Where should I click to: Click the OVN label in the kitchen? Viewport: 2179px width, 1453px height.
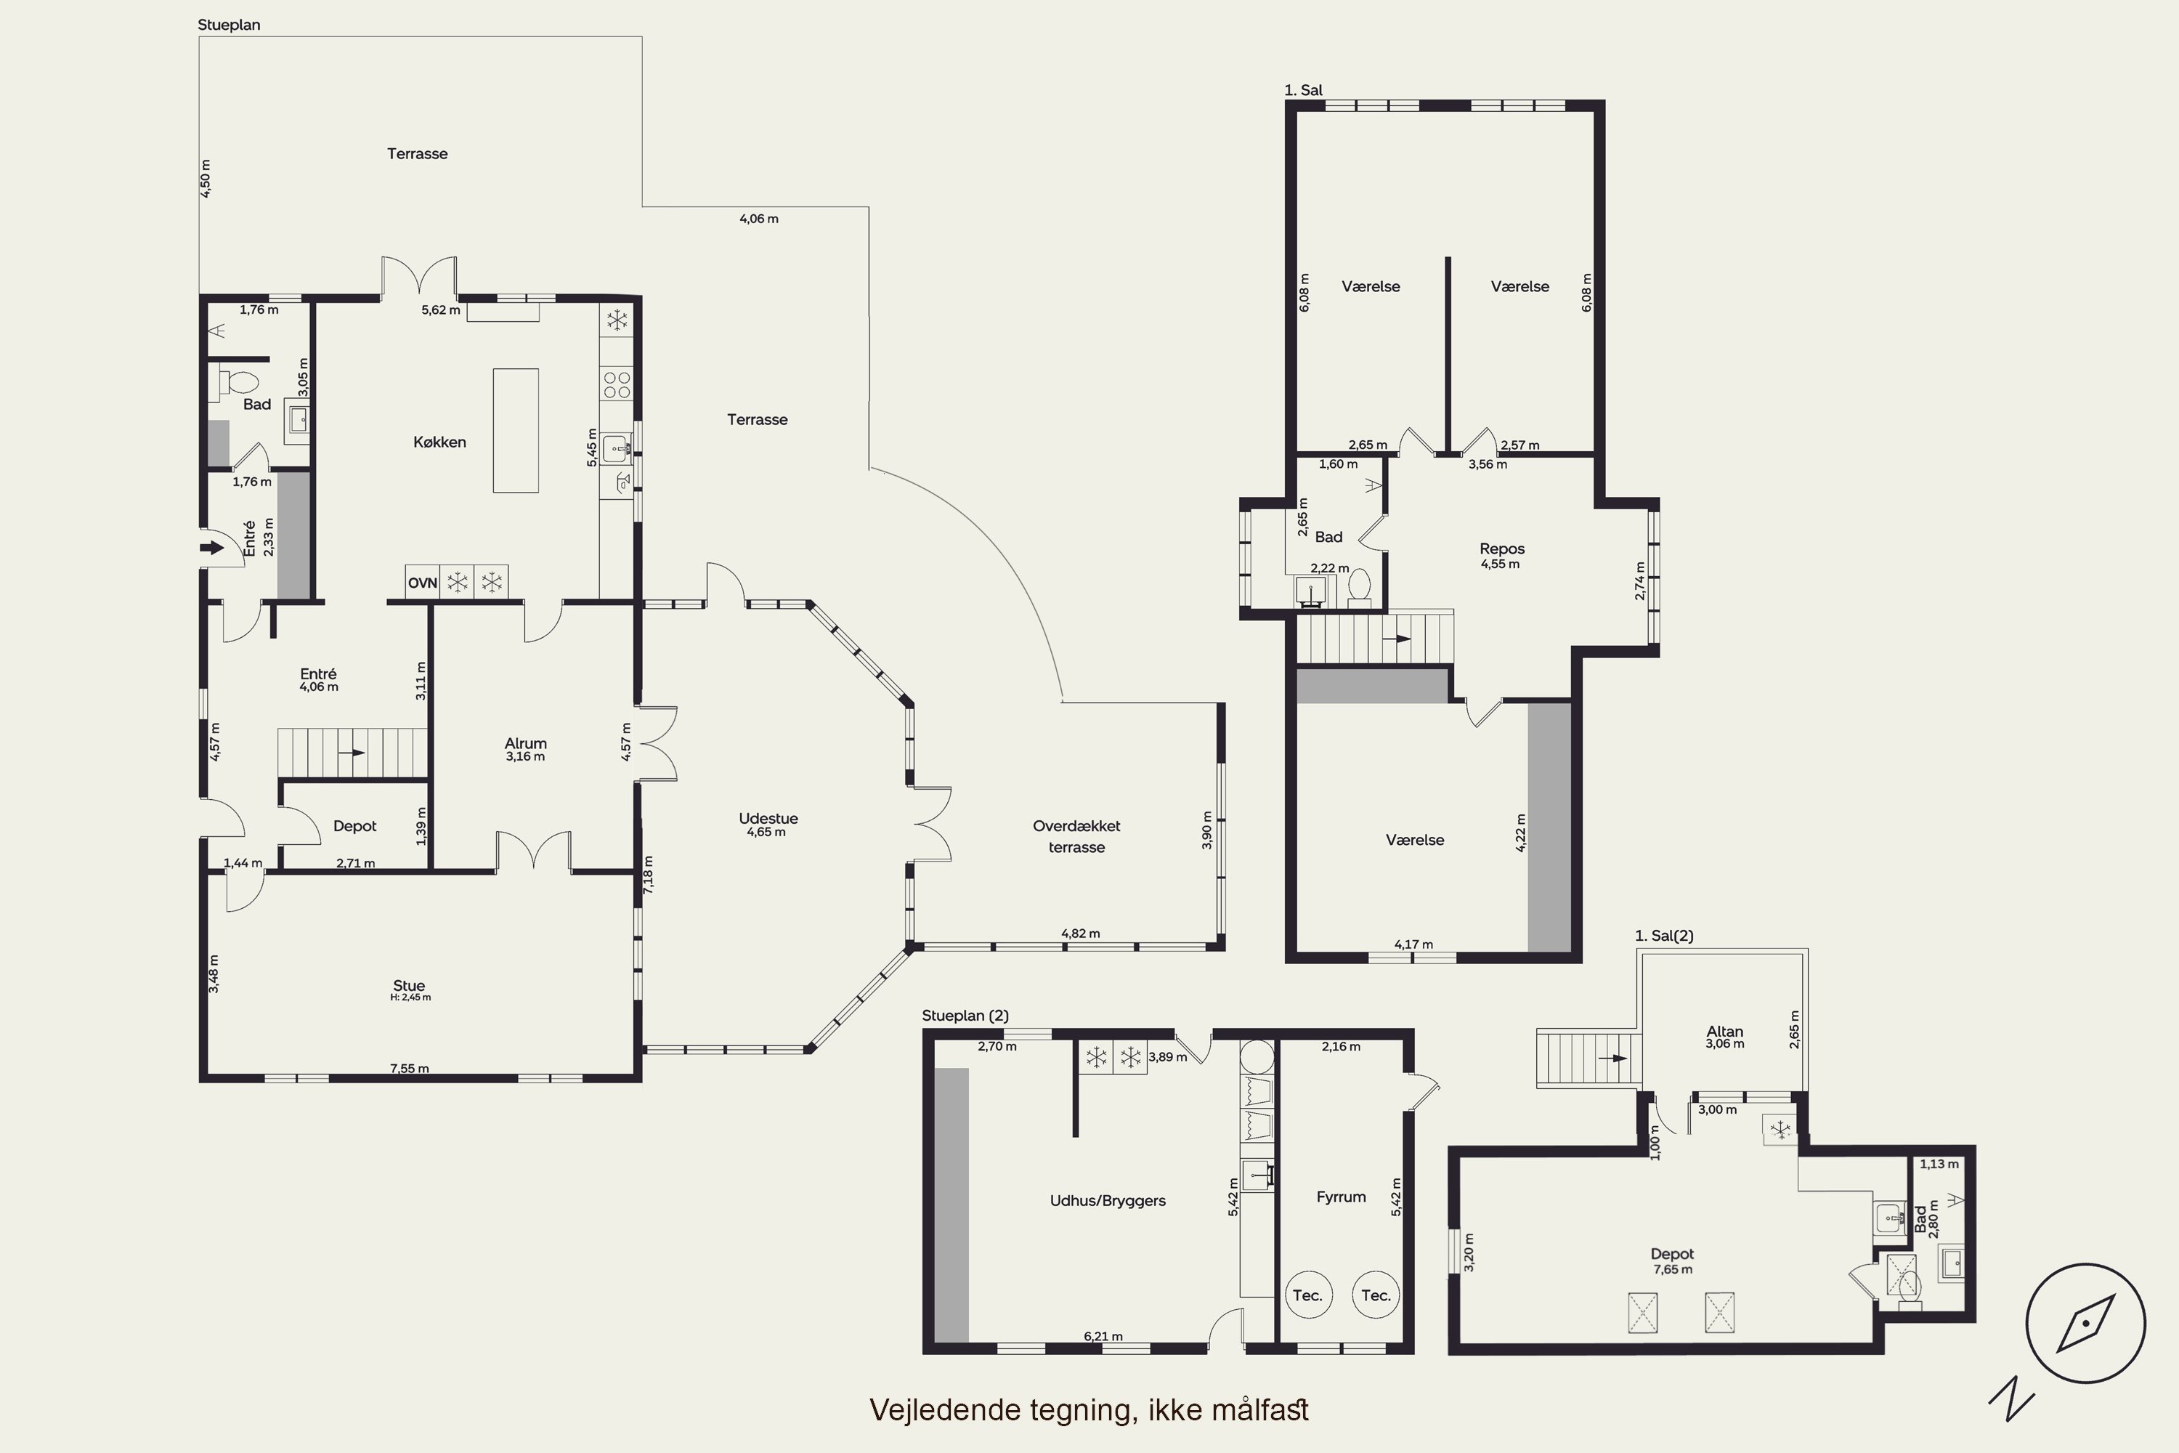tap(423, 583)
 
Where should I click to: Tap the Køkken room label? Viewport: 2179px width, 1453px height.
tap(439, 442)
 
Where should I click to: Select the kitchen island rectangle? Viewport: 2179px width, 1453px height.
tap(516, 430)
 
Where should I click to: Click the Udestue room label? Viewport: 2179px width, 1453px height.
tap(768, 818)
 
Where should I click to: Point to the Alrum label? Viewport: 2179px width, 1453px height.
tap(525, 743)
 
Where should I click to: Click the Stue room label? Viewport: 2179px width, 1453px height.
tap(408, 986)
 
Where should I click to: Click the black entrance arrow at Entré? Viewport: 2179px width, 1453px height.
tap(212, 548)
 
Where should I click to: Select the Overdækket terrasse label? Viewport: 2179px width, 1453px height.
tap(1076, 836)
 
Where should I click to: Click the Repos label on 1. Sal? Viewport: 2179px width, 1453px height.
tap(1502, 549)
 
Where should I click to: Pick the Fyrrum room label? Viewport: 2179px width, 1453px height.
tap(1341, 1197)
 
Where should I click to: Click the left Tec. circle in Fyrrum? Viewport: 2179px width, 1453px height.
tap(1308, 1295)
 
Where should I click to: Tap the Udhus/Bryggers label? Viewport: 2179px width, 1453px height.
tap(1108, 1201)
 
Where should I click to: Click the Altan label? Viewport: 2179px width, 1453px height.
tap(1725, 1032)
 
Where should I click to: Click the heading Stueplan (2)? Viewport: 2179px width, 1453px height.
tap(965, 1016)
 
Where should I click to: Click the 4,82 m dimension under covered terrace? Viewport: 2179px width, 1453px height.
tap(1080, 933)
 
